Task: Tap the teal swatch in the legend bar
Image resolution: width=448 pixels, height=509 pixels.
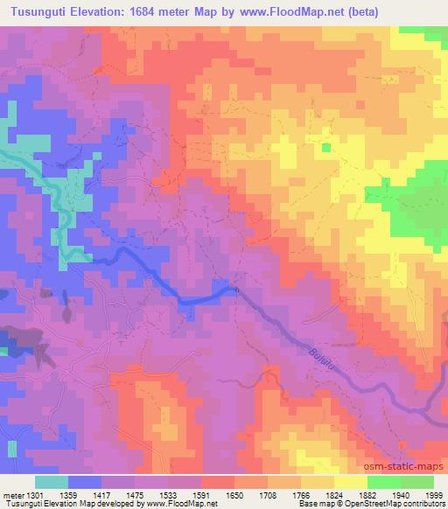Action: (x=52, y=482)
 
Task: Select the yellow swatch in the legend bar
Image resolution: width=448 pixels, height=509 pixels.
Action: (x=350, y=482)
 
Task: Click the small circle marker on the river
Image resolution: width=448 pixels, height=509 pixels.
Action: (x=234, y=288)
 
